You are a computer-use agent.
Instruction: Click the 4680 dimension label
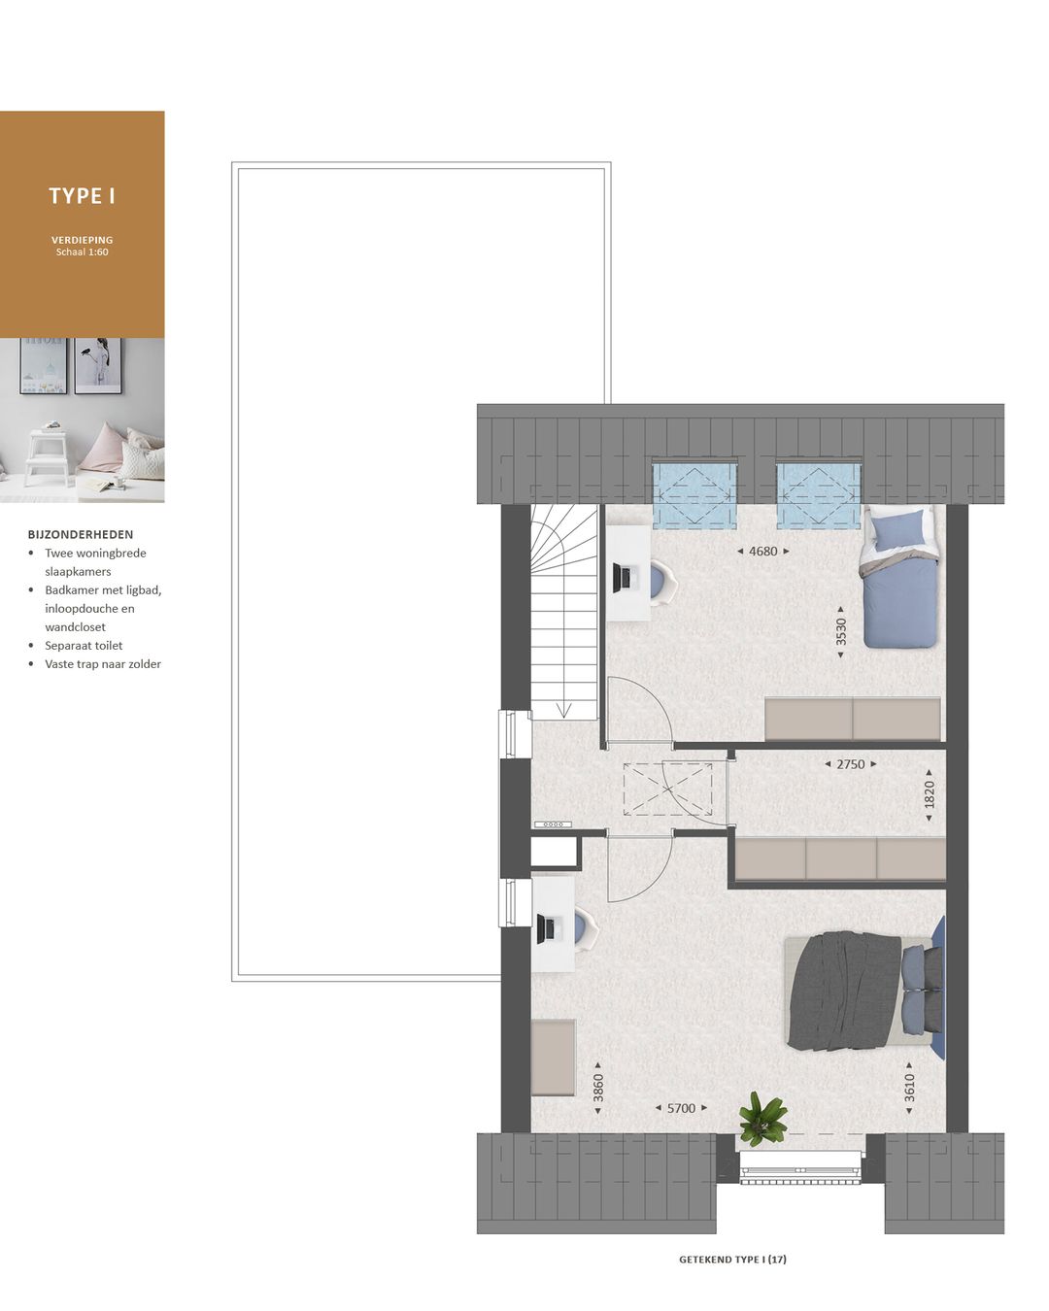click(x=763, y=552)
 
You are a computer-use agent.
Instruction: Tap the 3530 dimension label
click(x=841, y=631)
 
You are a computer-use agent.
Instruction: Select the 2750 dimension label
click(x=850, y=764)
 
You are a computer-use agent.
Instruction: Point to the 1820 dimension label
click(x=930, y=794)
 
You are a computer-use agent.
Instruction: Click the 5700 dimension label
click(x=681, y=1108)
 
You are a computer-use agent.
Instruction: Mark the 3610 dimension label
click(x=910, y=1087)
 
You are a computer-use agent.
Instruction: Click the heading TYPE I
click(x=83, y=196)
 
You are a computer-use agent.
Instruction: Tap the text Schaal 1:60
click(x=83, y=252)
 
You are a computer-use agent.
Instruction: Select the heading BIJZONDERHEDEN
click(x=81, y=534)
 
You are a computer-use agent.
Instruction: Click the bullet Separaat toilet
click(x=84, y=646)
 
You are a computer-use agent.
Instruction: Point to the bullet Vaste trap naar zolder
click(x=103, y=664)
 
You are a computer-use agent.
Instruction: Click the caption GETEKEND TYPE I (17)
click(x=732, y=1260)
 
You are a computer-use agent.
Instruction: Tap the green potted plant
click(x=762, y=1118)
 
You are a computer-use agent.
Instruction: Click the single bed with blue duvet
click(x=902, y=580)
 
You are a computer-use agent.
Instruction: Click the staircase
click(x=563, y=612)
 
